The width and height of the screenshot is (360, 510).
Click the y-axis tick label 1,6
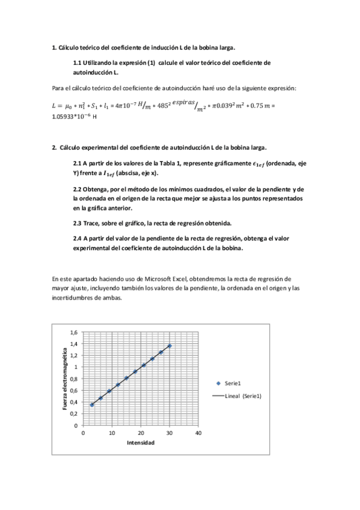point(73,332)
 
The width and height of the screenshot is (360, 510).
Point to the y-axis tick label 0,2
point(73,413)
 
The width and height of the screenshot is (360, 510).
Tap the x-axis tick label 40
point(199,432)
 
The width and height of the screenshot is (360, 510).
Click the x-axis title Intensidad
point(141,443)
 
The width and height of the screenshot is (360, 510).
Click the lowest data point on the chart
point(92,405)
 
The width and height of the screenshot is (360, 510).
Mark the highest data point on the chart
point(169,346)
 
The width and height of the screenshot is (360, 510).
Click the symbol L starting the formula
point(55,106)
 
